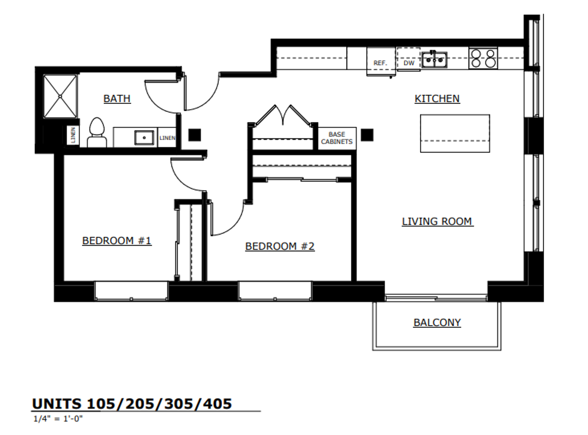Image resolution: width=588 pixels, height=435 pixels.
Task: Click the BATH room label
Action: click(117, 99)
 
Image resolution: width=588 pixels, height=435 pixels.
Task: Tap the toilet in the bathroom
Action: click(97, 133)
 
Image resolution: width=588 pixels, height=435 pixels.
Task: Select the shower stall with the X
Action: click(60, 96)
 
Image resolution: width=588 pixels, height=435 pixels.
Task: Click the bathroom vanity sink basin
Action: click(144, 137)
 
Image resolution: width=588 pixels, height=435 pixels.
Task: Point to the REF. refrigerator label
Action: click(380, 63)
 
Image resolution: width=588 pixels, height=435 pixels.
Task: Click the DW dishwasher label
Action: click(409, 63)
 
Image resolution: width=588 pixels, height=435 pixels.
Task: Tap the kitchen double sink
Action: click(434, 60)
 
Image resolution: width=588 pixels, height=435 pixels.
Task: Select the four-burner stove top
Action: click(483, 58)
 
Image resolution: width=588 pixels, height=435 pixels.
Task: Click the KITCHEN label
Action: click(437, 99)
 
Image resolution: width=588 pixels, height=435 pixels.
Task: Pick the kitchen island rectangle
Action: click(455, 133)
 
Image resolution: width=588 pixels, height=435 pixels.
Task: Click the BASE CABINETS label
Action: click(337, 138)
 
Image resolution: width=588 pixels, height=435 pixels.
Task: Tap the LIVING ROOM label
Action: click(437, 222)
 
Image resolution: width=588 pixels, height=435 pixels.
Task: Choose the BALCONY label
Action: click(437, 323)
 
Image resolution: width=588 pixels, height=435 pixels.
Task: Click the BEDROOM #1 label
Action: click(116, 241)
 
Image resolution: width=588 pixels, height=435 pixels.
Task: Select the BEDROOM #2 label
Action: click(280, 246)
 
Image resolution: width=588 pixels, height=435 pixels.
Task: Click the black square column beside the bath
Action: click(195, 135)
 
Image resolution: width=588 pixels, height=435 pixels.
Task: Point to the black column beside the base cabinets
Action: click(367, 135)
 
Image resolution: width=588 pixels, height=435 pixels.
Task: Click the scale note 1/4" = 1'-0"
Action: click(58, 418)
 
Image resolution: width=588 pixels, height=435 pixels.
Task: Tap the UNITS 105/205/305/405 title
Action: click(132, 404)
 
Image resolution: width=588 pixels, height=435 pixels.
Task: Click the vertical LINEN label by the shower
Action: click(73, 135)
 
